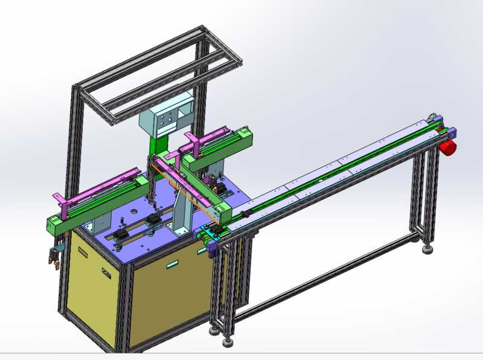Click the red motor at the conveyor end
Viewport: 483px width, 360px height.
[x=448, y=148]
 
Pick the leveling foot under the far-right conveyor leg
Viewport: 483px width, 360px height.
[x=429, y=248]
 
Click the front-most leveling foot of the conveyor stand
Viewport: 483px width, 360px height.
[x=228, y=342]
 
